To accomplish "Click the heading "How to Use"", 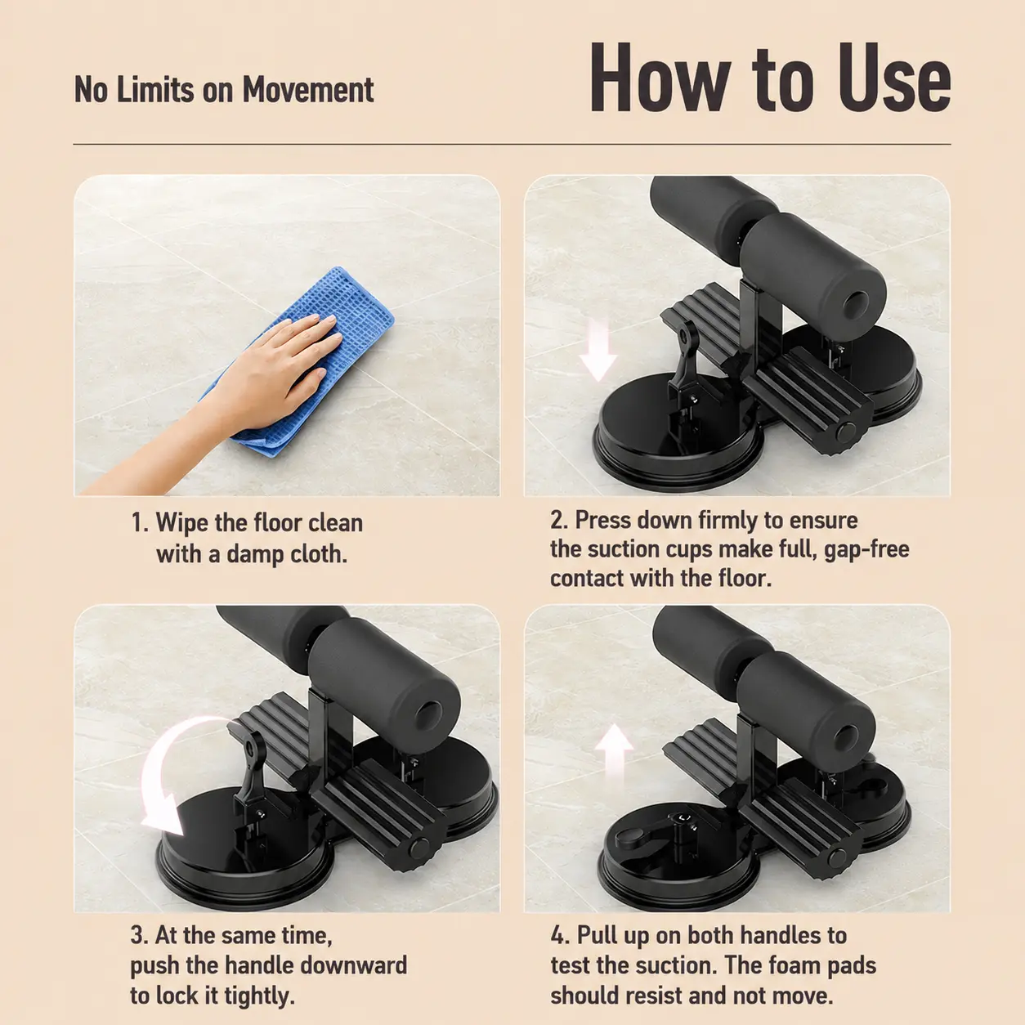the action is click(770, 78).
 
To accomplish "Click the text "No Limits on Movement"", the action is click(224, 89).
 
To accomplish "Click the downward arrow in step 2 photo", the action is click(598, 350).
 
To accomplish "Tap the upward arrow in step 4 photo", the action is click(614, 755).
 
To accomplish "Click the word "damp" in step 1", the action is click(253, 555).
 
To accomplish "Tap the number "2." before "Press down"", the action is click(560, 520).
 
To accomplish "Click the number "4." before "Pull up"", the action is click(561, 936).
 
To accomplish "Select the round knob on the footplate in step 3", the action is click(419, 847).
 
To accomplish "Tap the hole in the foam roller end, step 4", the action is click(846, 740).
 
